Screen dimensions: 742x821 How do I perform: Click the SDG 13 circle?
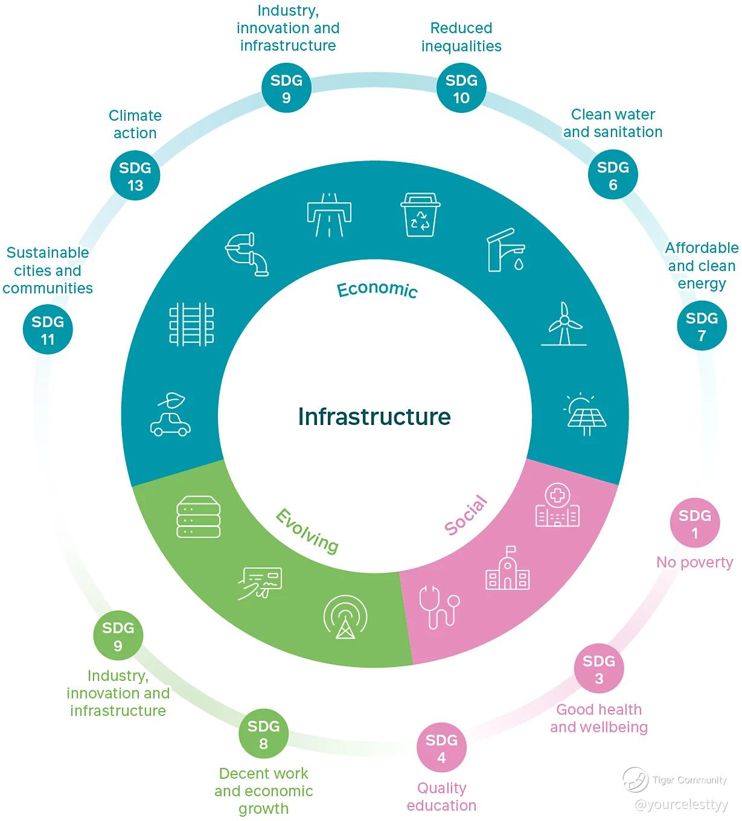pyautogui.click(x=135, y=176)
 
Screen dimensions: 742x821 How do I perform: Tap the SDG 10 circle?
pyautogui.click(x=461, y=88)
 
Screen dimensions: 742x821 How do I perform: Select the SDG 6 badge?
pyautogui.click(x=613, y=174)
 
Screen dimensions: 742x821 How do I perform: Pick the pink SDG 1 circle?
pyautogui.click(x=694, y=523)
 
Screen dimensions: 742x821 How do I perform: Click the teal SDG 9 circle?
pyautogui.click(x=286, y=88)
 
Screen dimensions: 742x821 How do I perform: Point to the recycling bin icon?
pyautogui.click(x=420, y=214)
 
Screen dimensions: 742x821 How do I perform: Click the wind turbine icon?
pyautogui.click(x=564, y=324)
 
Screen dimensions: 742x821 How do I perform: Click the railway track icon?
pyautogui.click(x=191, y=325)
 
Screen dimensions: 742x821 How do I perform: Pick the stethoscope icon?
pyautogui.click(x=439, y=607)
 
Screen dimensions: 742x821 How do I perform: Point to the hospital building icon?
pyautogui.click(x=557, y=505)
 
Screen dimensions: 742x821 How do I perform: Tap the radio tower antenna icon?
pyautogui.click(x=345, y=617)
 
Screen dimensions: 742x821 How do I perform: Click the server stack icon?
pyautogui.click(x=198, y=517)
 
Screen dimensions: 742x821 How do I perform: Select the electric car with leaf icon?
pyautogui.click(x=170, y=415)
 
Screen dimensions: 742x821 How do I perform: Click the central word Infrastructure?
pyautogui.click(x=374, y=417)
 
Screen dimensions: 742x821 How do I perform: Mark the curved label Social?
pyautogui.click(x=466, y=516)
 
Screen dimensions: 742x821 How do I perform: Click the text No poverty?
pyautogui.click(x=694, y=563)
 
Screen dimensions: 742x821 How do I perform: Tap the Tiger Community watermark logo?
pyautogui.click(x=635, y=780)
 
